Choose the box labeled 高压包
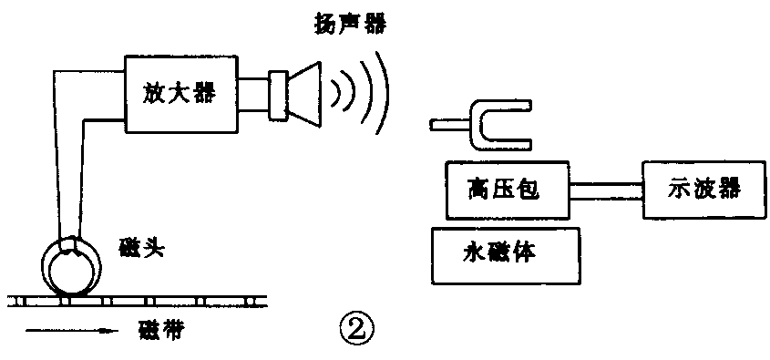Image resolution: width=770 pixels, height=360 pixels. (505, 190)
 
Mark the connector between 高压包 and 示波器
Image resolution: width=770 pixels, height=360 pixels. (605, 190)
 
